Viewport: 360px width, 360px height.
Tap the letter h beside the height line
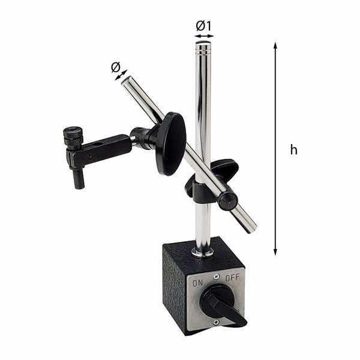(x=293, y=150)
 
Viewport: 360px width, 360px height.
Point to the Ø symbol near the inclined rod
(x=115, y=68)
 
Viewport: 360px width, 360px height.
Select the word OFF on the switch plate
(x=232, y=278)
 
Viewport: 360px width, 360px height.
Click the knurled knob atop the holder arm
(x=74, y=139)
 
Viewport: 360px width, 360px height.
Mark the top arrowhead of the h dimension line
(x=275, y=45)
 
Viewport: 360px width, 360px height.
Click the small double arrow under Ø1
(x=204, y=36)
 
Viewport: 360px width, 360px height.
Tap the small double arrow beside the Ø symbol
(x=122, y=75)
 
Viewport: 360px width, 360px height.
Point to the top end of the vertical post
(x=203, y=44)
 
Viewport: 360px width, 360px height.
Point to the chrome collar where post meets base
(x=202, y=250)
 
